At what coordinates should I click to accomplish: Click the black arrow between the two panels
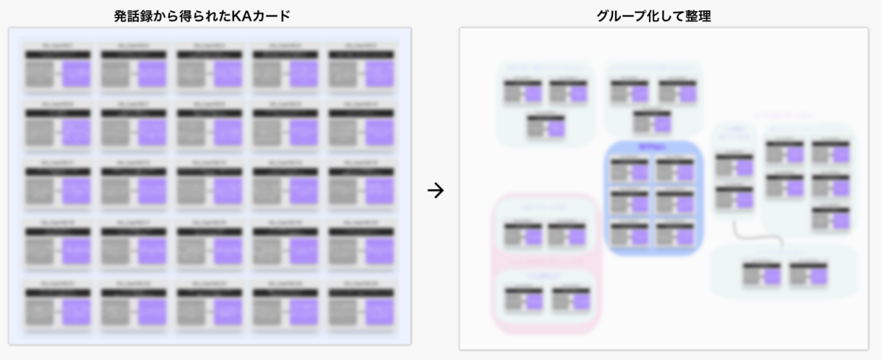(436, 191)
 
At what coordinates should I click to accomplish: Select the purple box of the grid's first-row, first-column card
(77, 74)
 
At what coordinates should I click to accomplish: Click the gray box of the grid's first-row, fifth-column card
(343, 74)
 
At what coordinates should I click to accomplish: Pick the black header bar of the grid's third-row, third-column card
(209, 172)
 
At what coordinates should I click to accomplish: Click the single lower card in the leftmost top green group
(545, 126)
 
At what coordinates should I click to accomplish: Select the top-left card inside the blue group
(629, 169)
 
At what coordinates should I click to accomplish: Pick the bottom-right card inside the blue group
(675, 234)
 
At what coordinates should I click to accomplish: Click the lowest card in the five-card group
(831, 218)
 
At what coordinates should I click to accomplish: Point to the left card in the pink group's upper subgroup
(522, 234)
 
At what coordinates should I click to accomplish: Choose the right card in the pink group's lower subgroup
(571, 298)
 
